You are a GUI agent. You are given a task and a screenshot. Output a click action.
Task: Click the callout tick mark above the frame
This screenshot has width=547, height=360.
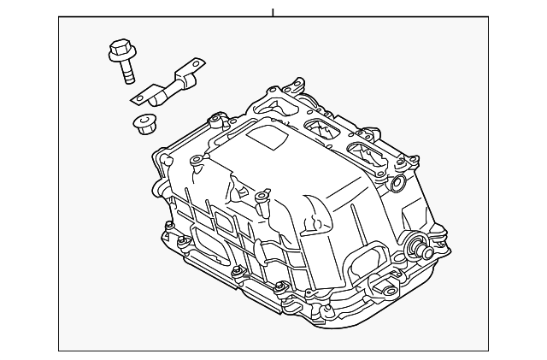tap(273, 12)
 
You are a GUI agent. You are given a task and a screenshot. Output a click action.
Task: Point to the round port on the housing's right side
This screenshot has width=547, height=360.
tap(397, 184)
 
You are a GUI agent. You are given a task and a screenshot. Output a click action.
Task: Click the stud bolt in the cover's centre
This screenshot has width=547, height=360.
tap(262, 200)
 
